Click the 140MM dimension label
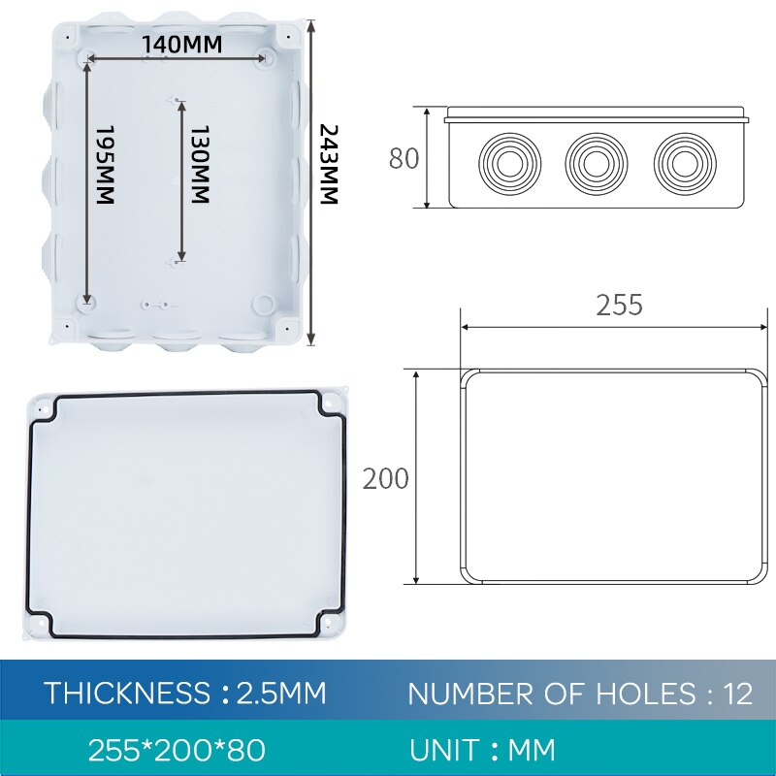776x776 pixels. point(181,45)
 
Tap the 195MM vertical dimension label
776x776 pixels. point(105,164)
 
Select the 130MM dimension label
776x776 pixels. point(198,164)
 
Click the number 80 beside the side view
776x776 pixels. point(404,158)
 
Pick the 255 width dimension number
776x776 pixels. point(619,306)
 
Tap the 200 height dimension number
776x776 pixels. point(385,478)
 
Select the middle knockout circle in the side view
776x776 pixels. point(596,159)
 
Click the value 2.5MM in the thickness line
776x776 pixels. point(282,694)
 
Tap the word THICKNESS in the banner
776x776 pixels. point(127,694)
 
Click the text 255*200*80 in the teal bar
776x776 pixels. point(177,750)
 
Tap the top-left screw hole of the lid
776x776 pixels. point(43,408)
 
